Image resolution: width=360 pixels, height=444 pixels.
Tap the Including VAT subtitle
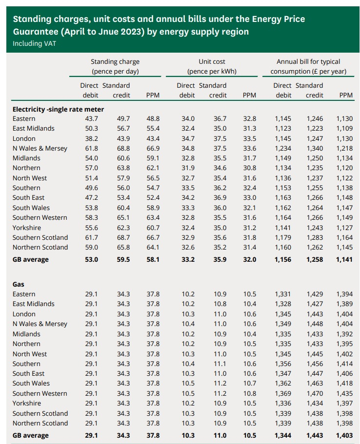point(34,43)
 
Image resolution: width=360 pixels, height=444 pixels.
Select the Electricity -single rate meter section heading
point(58,109)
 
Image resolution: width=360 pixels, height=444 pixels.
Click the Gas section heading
point(19,284)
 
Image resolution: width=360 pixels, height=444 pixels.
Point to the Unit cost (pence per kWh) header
point(212,67)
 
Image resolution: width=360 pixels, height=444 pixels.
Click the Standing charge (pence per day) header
point(115,67)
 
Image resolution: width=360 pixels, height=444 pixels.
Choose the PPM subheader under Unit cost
point(249,95)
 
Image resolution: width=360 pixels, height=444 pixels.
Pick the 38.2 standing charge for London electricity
point(92,138)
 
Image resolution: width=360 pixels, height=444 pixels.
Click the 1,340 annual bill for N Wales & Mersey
point(315,148)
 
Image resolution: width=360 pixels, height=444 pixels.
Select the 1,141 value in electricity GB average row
point(344,259)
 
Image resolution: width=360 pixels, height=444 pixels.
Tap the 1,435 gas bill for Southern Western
point(344,393)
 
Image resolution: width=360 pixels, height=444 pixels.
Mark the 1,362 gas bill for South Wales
point(283,383)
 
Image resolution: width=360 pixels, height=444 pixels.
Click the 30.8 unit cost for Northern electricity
point(249,168)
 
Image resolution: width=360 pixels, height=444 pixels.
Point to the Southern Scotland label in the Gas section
point(40,413)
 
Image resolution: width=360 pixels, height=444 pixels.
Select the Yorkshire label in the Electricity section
point(27,228)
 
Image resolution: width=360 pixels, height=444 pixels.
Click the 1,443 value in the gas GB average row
point(315,435)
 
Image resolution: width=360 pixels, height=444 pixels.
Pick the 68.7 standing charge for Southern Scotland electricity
point(123,237)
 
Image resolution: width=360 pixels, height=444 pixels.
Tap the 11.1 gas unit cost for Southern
point(220,364)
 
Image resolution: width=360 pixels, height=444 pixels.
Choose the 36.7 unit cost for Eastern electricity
point(220,118)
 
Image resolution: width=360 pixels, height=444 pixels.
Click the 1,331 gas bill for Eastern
point(283,294)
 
